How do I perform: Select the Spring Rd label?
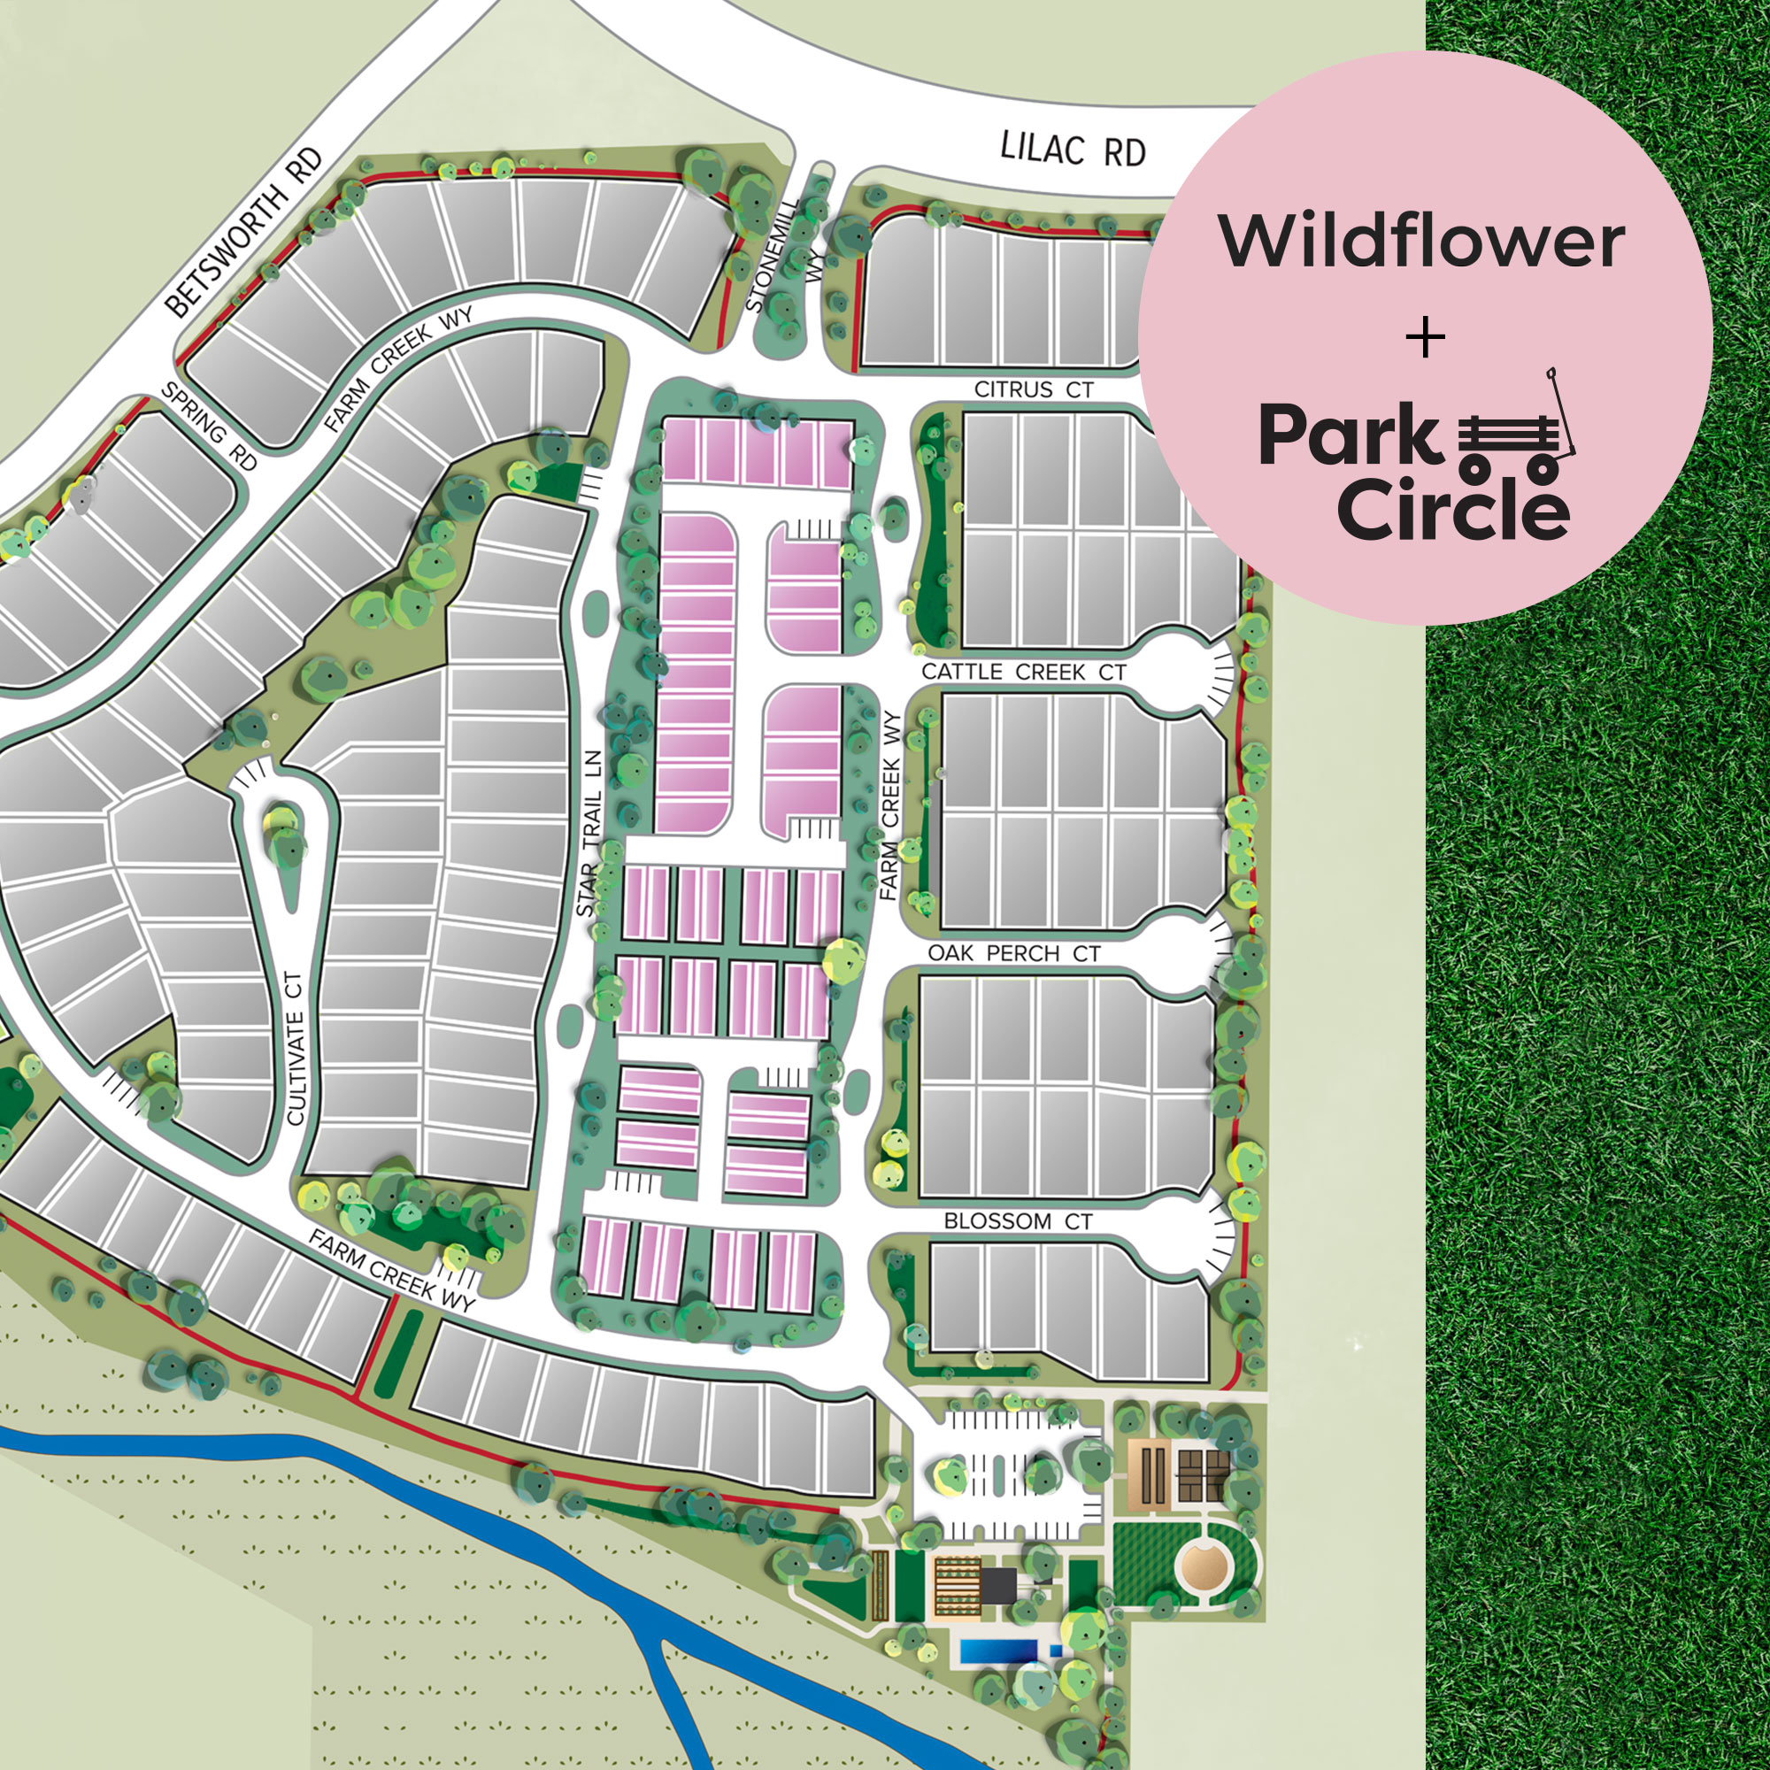(x=209, y=426)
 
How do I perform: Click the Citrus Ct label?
(x=1034, y=389)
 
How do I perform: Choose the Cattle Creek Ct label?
(x=1023, y=672)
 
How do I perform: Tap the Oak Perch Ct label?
(x=1013, y=953)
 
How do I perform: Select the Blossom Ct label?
(x=1018, y=1221)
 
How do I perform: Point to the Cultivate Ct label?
(x=295, y=1049)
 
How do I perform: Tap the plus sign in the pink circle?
(x=1426, y=338)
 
